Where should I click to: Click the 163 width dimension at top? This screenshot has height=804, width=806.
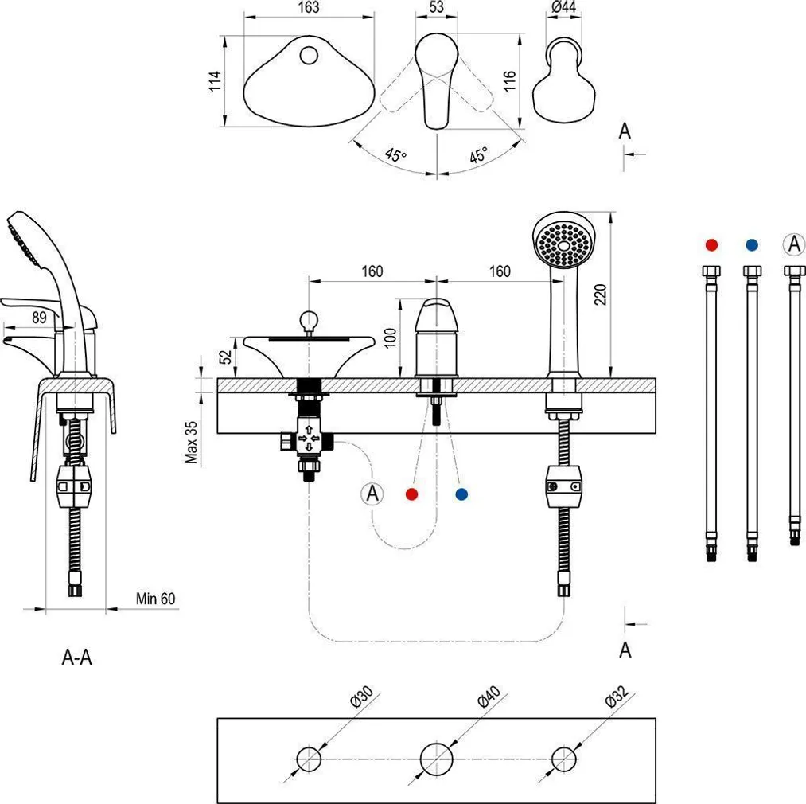(309, 7)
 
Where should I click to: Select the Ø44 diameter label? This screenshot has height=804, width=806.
(563, 7)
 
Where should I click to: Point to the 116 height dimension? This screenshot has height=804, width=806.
(510, 80)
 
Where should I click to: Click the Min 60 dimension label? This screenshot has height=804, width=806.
(155, 599)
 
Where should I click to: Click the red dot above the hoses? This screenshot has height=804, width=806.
(711, 244)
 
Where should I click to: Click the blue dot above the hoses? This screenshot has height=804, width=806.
(752, 244)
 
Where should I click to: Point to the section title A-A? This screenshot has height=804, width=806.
(77, 658)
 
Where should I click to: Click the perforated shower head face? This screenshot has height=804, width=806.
(563, 240)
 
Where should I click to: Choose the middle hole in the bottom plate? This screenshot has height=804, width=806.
(436, 758)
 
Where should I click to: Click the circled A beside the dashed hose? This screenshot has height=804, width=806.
(372, 494)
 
